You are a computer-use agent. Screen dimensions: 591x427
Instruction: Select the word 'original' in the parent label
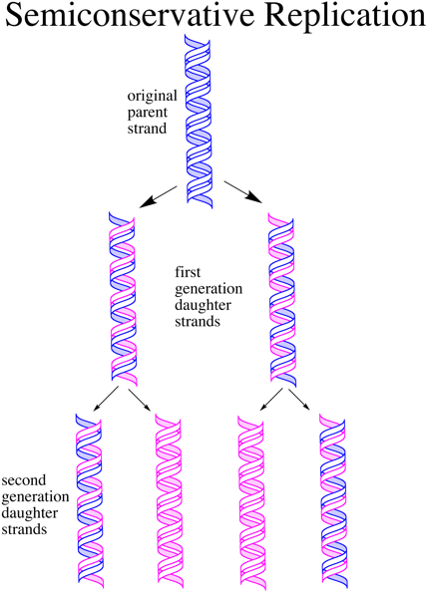(151, 97)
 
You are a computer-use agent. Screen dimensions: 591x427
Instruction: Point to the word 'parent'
(151, 113)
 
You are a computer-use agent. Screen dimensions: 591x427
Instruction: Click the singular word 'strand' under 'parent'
(151, 129)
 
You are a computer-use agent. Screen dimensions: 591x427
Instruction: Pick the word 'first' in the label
(189, 270)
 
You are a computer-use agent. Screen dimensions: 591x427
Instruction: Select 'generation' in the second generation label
(34, 496)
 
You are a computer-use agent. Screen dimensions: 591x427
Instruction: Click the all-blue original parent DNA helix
(202, 120)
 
